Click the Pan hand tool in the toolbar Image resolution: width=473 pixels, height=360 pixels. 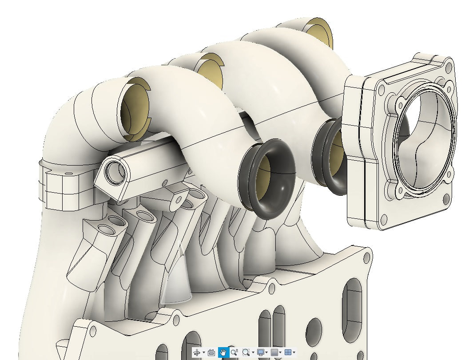tap(223, 352)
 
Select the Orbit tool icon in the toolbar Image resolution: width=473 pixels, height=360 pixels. tap(197, 352)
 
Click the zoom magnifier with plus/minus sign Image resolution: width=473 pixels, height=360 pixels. tap(234, 352)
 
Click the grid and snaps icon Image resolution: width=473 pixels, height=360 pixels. tap(274, 352)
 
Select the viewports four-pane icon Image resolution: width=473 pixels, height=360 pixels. tap(288, 352)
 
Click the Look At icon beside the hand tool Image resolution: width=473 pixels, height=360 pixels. tap(211, 352)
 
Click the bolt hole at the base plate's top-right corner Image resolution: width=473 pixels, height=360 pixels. tap(366, 257)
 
